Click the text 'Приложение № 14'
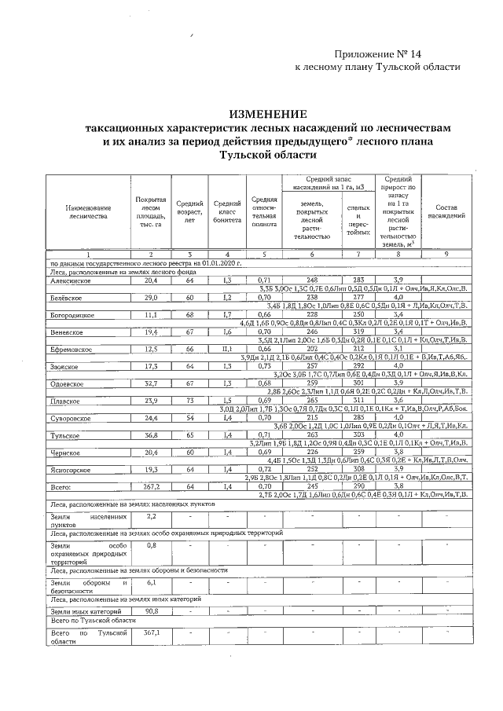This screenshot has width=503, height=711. pos(377,53)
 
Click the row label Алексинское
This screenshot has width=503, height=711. pos(72,280)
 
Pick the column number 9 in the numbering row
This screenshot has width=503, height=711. pos(447,255)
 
